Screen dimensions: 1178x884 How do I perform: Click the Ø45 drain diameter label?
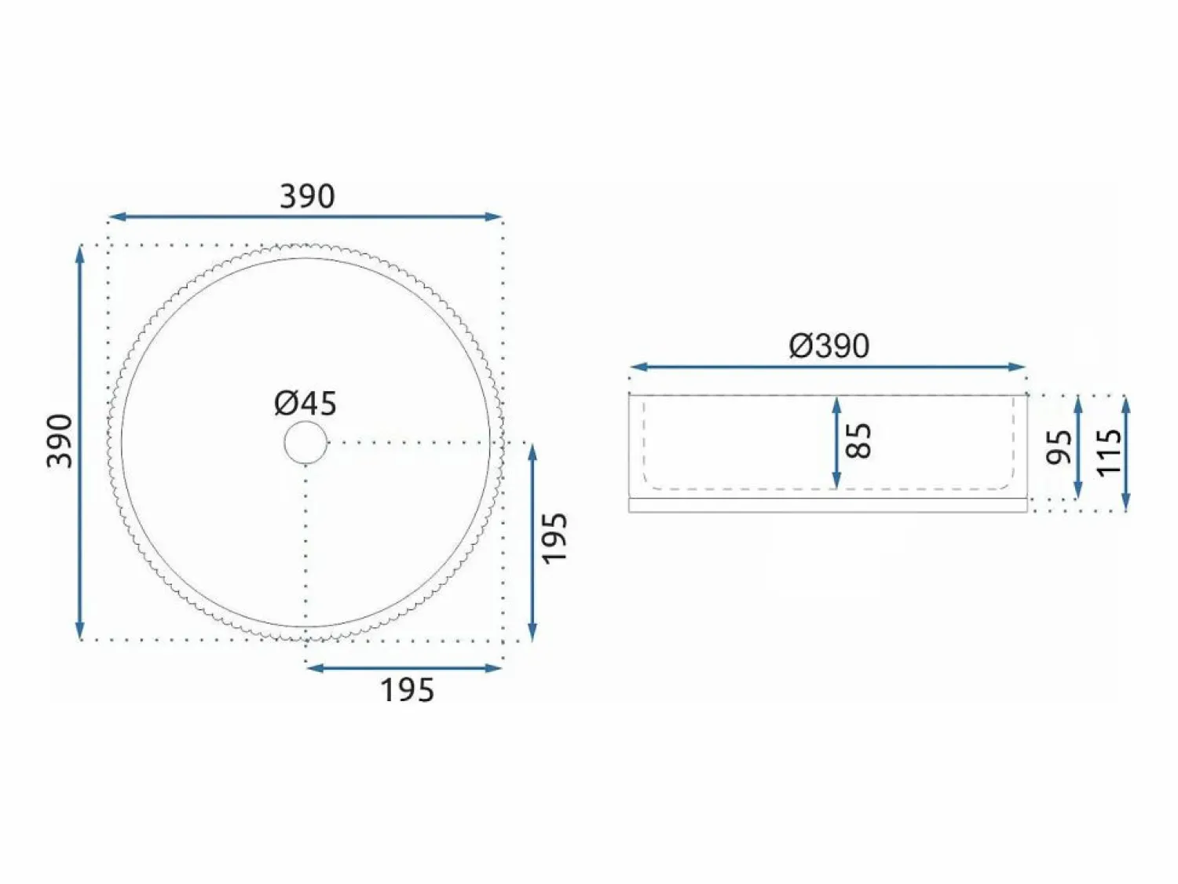point(305,404)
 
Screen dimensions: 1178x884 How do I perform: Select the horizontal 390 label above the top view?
point(308,196)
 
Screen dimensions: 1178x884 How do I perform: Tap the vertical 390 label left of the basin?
point(60,441)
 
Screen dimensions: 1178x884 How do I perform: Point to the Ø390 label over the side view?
point(829,346)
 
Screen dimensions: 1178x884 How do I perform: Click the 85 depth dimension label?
point(858,441)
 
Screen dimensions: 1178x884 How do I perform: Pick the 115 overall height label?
point(1109,452)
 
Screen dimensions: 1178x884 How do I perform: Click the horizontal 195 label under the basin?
point(408,690)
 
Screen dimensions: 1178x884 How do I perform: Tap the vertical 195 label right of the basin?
point(554,539)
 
